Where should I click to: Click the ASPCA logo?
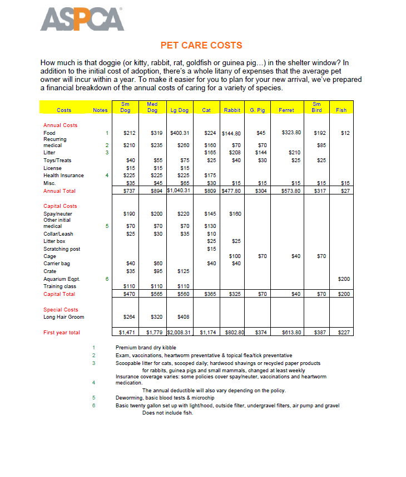[x=82, y=20]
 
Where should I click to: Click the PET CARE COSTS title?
[x=201, y=45]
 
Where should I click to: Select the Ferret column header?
[x=286, y=110]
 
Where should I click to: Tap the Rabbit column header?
[x=232, y=110]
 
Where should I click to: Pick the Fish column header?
[x=341, y=110]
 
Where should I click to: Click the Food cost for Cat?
[x=210, y=133]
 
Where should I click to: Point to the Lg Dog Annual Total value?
[x=179, y=191]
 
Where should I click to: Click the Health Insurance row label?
[x=63, y=176]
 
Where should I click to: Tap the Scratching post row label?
[x=62, y=249]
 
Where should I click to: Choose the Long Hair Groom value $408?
[x=183, y=317]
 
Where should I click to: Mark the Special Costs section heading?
[x=61, y=310]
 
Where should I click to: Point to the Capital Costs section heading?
[x=60, y=206]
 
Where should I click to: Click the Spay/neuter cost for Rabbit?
[x=235, y=213]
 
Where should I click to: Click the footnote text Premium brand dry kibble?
[x=146, y=348]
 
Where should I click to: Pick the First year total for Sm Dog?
[x=128, y=333]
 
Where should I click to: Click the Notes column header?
[x=100, y=110]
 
